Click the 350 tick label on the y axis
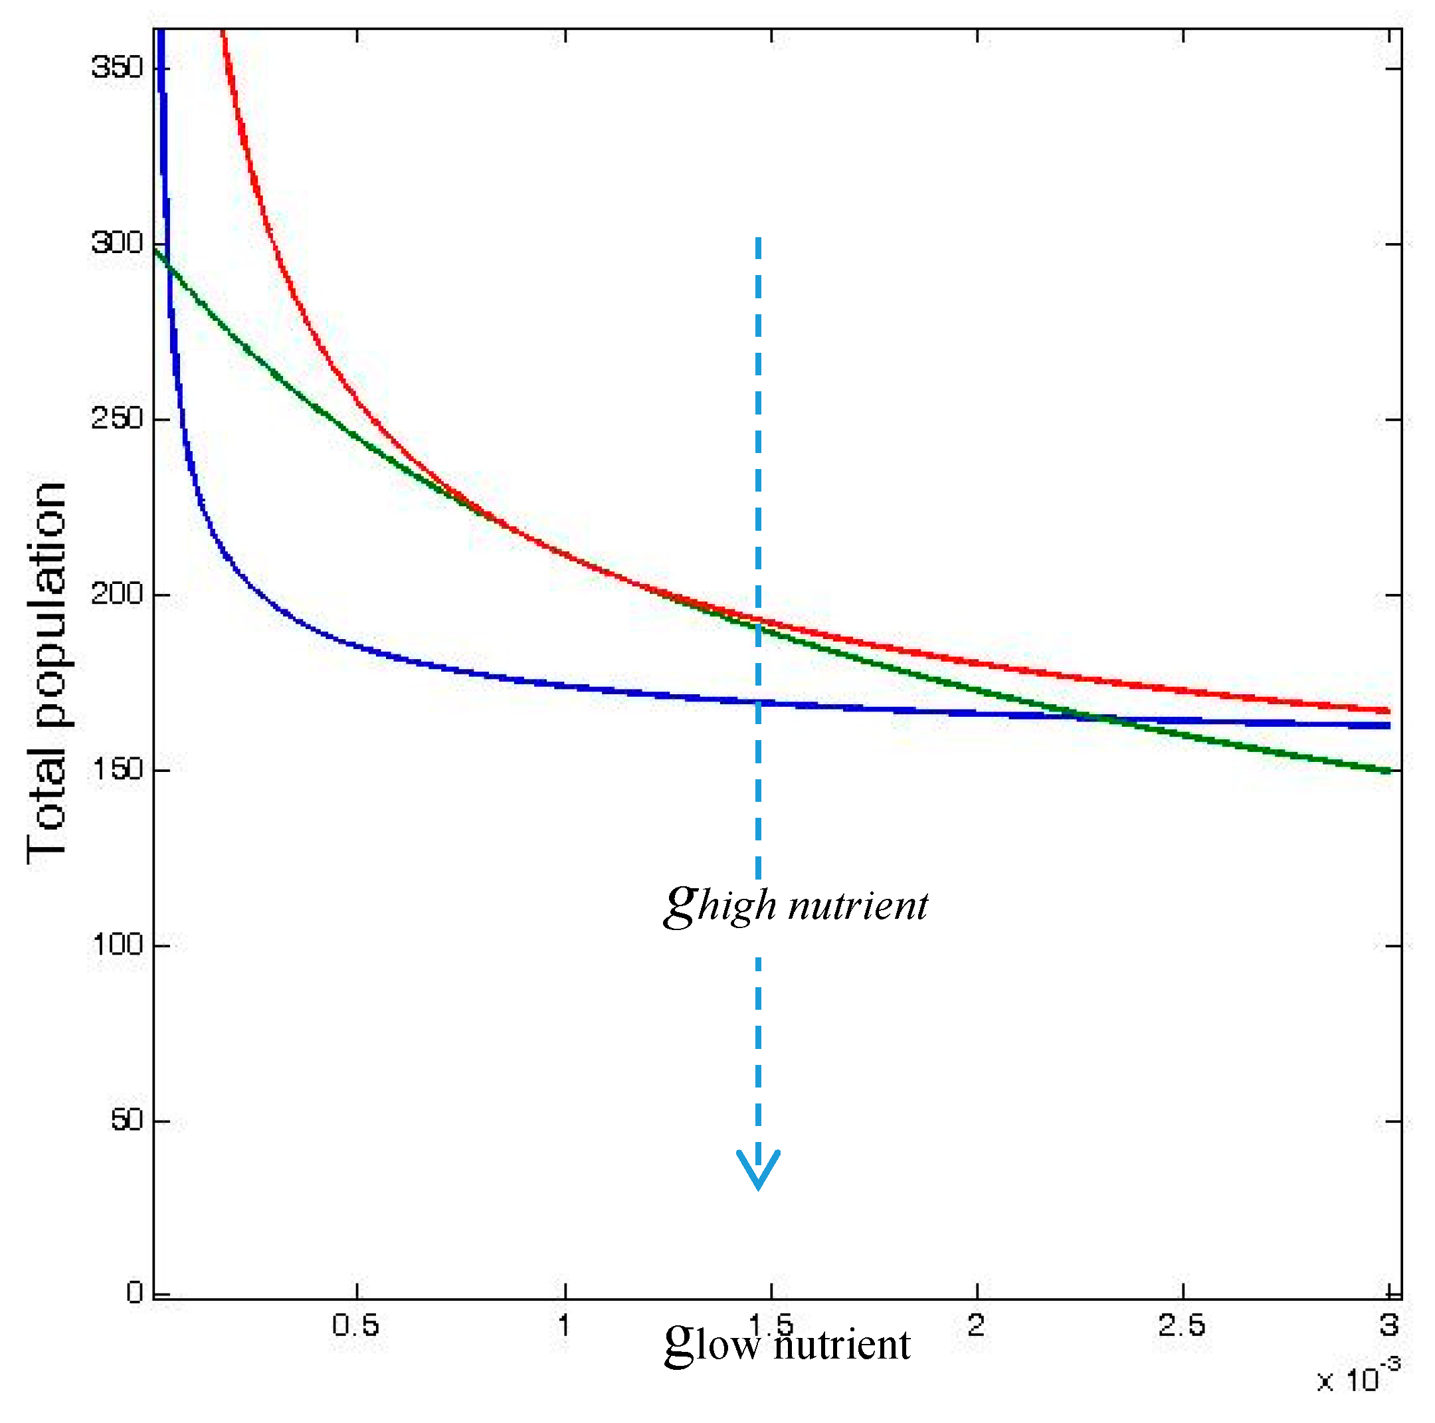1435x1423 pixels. pos(117,68)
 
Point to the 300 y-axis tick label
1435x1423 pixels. pos(117,243)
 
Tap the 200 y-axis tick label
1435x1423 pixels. pos(117,594)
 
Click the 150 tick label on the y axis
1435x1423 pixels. pos(117,769)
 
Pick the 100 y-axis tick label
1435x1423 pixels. pos(117,945)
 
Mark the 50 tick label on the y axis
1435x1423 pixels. pos(126,1120)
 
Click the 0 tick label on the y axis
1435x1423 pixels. pos(134,1293)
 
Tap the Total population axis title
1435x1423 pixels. pos(46,672)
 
